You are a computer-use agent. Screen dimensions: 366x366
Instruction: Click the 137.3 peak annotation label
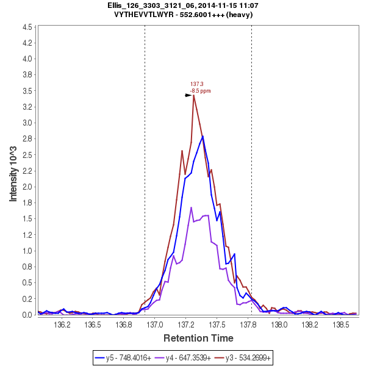click(196, 84)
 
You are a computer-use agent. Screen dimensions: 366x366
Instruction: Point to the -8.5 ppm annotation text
click(200, 91)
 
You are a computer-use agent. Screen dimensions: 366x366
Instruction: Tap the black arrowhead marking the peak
click(188, 95)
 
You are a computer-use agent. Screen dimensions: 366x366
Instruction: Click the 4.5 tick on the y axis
click(27, 27)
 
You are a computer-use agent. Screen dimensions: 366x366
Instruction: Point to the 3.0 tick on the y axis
click(27, 123)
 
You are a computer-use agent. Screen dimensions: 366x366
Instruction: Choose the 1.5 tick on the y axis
click(27, 218)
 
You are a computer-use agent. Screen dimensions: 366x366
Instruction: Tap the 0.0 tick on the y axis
click(27, 315)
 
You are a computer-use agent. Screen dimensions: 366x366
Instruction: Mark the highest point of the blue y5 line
click(203, 136)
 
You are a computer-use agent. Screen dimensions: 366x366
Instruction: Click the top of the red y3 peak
click(193, 95)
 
